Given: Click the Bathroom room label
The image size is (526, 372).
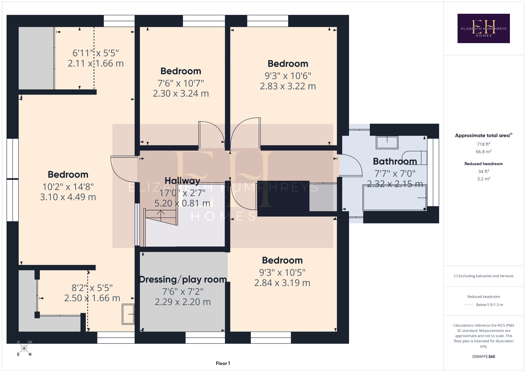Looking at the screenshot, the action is coord(395,161).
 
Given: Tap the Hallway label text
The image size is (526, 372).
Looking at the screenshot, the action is coord(182,181).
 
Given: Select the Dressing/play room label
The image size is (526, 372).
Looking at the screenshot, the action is coord(183,280).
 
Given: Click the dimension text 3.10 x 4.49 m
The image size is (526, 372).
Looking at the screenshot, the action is coord(68,197).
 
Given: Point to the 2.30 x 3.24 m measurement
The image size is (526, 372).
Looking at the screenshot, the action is coord(181,93).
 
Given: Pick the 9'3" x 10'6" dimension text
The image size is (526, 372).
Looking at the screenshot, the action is coord(288,76).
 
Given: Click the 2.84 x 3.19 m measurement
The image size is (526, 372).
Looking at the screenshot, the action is coord(282,283).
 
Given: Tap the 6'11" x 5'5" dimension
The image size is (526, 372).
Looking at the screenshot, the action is coord(96,53).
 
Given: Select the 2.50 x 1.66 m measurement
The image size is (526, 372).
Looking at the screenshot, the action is coord(92,298).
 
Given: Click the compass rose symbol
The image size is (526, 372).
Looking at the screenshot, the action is coord(24,348).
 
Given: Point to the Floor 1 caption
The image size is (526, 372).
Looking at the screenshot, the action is coord(223,363).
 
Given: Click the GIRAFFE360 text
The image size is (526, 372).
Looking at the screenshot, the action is coord(484,357).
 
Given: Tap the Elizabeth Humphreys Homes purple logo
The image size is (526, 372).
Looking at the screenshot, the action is coord(484,28).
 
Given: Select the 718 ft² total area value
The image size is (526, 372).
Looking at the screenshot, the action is coord(484,144).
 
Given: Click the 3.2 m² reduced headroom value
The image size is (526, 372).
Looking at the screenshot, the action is coord(484,179).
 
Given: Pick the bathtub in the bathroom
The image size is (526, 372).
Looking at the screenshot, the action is coord(395,198).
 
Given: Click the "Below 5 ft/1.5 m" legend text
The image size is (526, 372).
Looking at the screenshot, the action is coord(490,305).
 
